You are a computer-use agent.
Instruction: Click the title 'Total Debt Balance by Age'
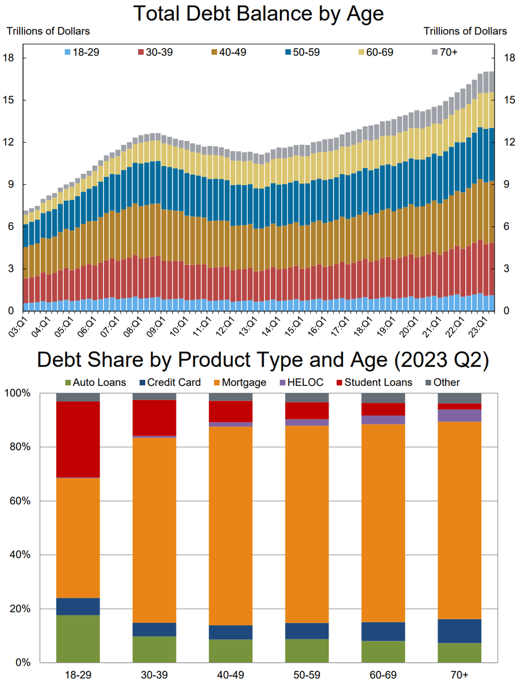pos(258,13)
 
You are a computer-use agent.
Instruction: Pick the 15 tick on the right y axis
pos(508,100)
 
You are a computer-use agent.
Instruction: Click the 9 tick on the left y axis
pos(11,185)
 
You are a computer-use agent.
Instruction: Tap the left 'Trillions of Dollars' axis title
pos(48,31)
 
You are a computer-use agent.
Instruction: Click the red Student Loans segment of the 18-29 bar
pos(78,439)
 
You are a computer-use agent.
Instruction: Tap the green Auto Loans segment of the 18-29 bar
pos(78,638)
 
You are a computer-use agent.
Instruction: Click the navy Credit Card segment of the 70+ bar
pos(459,631)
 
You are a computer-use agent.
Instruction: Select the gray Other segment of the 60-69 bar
pos(383,398)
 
